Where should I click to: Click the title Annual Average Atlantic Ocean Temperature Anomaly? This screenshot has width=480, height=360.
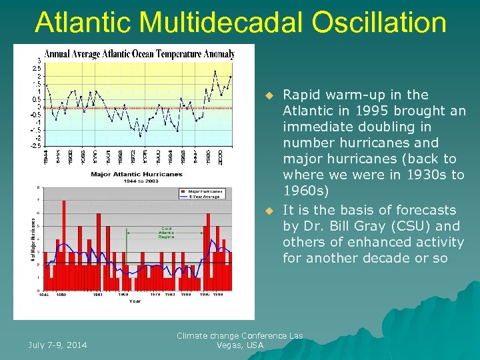[x=139, y=53]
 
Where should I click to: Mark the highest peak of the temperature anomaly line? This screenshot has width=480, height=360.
[x=215, y=71]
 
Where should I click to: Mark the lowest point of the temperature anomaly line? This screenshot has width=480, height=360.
[x=140, y=135]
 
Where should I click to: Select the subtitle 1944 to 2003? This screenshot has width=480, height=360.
[x=135, y=181]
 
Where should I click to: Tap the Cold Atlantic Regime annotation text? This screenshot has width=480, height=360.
[x=166, y=233]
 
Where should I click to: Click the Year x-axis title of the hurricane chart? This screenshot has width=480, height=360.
[x=135, y=301]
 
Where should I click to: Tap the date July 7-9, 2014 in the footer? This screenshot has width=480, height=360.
[x=57, y=345]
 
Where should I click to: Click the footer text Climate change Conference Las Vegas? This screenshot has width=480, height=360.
[x=239, y=340]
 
